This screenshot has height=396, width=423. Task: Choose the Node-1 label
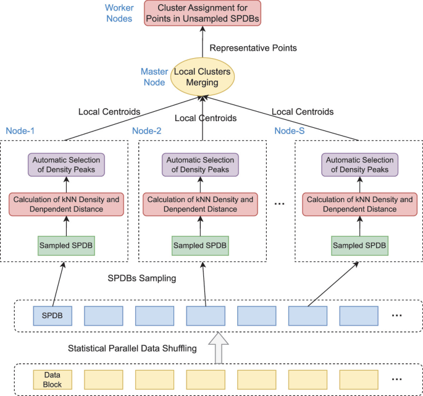(20, 131)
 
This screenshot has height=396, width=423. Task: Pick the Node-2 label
(147, 131)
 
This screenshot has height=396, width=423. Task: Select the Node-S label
(290, 131)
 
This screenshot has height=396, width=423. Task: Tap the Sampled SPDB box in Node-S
(359, 245)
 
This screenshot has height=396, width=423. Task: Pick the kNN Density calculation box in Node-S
(359, 204)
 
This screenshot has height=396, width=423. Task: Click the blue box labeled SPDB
(52, 316)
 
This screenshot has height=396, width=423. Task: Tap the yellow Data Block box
(52, 379)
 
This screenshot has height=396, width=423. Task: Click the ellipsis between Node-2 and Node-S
(278, 204)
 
